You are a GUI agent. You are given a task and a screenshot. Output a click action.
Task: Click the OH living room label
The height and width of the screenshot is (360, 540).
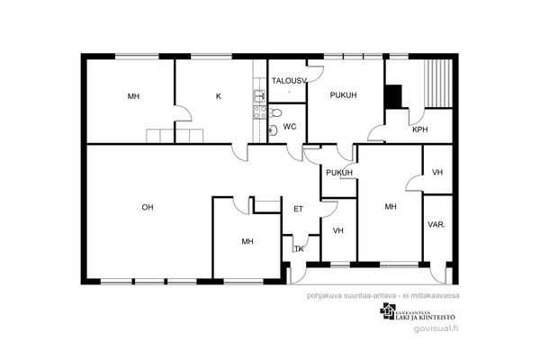click(148, 207)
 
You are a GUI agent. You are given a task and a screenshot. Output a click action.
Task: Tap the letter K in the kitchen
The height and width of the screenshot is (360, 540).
click(219, 96)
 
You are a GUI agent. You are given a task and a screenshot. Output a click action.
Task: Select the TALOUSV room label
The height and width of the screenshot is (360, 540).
click(289, 81)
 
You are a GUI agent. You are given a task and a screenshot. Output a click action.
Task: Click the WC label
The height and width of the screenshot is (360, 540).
click(290, 127)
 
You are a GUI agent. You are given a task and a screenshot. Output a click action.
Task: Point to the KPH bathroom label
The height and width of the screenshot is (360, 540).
click(419, 130)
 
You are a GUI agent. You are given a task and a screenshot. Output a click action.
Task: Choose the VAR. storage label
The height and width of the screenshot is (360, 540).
click(436, 225)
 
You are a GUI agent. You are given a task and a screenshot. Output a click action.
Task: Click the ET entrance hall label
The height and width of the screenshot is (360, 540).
click(298, 209)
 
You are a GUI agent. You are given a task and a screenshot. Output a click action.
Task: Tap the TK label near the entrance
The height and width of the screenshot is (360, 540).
click(299, 248)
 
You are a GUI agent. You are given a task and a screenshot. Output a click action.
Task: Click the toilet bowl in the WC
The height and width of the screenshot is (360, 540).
click(274, 112)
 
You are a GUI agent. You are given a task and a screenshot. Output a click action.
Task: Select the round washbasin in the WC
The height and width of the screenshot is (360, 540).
click(274, 130)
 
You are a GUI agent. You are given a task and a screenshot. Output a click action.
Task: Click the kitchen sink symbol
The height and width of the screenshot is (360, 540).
click(259, 96)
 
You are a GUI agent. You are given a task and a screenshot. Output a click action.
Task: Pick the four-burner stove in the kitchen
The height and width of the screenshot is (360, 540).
click(260, 112)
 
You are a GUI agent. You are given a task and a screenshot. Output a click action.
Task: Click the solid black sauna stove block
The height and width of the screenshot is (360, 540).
click(393, 96)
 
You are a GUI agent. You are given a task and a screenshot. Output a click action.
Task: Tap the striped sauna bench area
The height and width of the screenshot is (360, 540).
click(438, 84)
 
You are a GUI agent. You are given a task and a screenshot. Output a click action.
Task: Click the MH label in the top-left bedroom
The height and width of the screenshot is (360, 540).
click(133, 96)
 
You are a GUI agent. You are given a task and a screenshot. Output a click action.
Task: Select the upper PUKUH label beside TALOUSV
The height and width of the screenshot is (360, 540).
click(344, 95)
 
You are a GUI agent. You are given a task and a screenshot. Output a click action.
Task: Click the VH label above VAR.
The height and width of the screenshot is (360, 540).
click(437, 172)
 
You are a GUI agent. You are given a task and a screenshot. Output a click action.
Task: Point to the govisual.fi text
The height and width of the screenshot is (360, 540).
click(436, 328)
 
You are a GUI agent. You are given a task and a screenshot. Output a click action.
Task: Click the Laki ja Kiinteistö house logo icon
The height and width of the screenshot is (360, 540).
click(387, 311)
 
